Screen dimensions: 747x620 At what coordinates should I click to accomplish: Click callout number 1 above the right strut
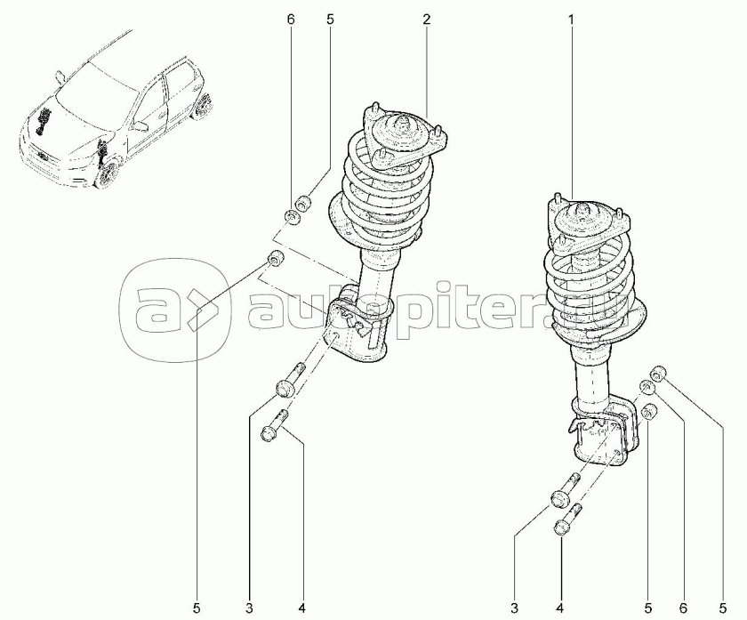pos(571,19)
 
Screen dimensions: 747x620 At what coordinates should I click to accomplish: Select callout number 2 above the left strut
pos(426,19)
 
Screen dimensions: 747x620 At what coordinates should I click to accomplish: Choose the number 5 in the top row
pos(330,19)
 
